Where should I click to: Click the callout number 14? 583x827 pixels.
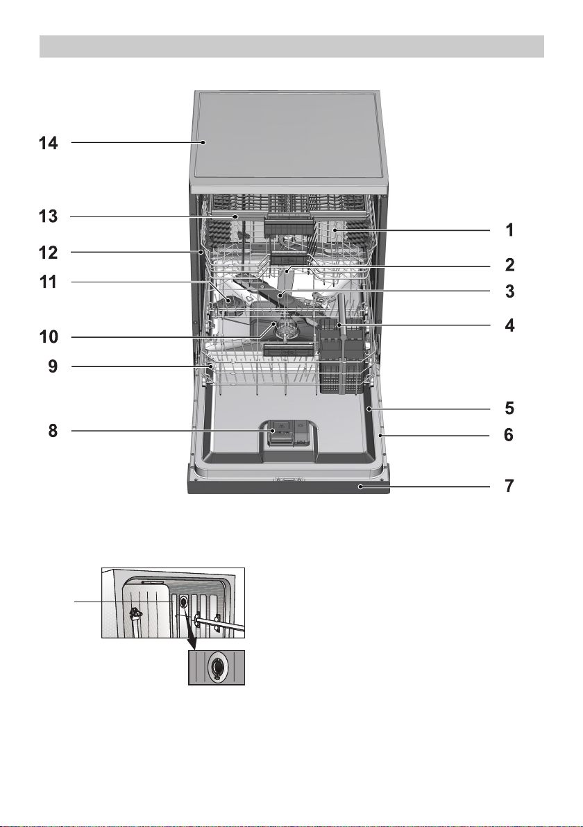pos(48,143)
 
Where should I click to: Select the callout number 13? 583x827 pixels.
pos(48,216)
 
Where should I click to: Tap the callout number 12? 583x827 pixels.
pos(48,253)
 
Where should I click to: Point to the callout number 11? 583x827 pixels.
pos(48,282)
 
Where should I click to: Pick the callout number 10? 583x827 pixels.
pos(48,336)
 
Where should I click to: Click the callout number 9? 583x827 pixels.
pos(53,366)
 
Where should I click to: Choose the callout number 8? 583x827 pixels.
pos(53,431)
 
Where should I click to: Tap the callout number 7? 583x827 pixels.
pos(509,485)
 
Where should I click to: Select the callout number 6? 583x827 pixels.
pos(509,435)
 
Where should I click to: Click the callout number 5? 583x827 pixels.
pos(509,408)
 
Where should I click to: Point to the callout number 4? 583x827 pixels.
pos(509,325)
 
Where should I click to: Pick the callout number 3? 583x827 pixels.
pos(509,291)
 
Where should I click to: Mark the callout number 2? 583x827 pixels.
pos(509,265)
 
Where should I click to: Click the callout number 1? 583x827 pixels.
pos(509,230)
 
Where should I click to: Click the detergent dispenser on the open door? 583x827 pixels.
pos(288,434)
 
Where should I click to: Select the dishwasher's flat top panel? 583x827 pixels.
pos(289,138)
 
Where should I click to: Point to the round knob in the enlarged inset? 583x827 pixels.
pos(217,667)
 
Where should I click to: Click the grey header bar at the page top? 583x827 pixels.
pos(291,46)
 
